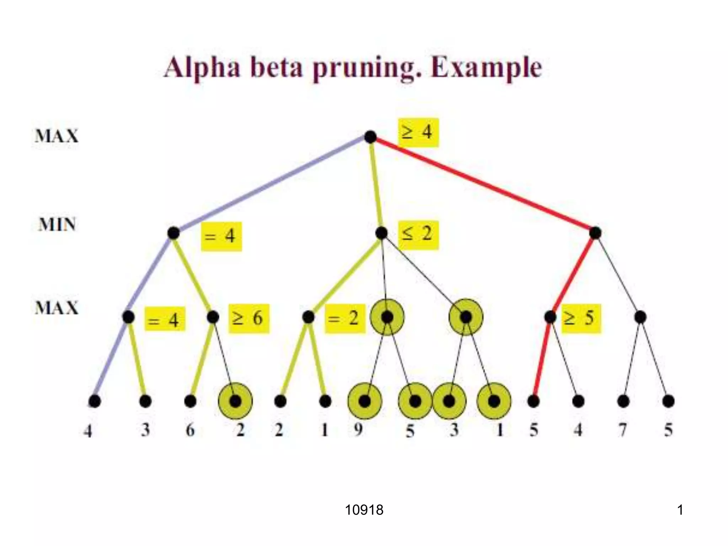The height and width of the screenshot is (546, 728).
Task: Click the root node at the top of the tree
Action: pos(370,137)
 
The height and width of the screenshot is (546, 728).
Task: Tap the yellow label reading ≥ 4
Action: pos(418,132)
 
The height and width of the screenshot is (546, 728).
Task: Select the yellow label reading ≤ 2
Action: pos(418,235)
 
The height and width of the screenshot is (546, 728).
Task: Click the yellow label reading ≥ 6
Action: pos(248,318)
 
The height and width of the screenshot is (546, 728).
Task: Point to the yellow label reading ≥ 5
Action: pos(581,318)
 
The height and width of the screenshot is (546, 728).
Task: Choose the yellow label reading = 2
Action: pos(344,318)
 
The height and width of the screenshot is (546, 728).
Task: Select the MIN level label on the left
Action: pos(57,225)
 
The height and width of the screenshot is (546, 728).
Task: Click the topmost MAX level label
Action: pos(57,136)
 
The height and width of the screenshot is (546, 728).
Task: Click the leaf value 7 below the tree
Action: pos(623,430)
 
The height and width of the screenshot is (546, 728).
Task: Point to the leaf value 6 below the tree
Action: pos(190,430)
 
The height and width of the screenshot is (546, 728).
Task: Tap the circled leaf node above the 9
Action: pos(365,401)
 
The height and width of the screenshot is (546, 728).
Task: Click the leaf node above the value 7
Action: pos(623,401)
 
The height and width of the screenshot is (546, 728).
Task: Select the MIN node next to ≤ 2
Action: pos(381,233)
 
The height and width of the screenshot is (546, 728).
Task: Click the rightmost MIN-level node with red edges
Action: pos(595,233)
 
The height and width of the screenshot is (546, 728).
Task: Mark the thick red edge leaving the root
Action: pos(483,185)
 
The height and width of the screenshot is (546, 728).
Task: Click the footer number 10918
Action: pos(364,510)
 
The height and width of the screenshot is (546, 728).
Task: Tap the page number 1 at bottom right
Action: pos(680,510)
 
